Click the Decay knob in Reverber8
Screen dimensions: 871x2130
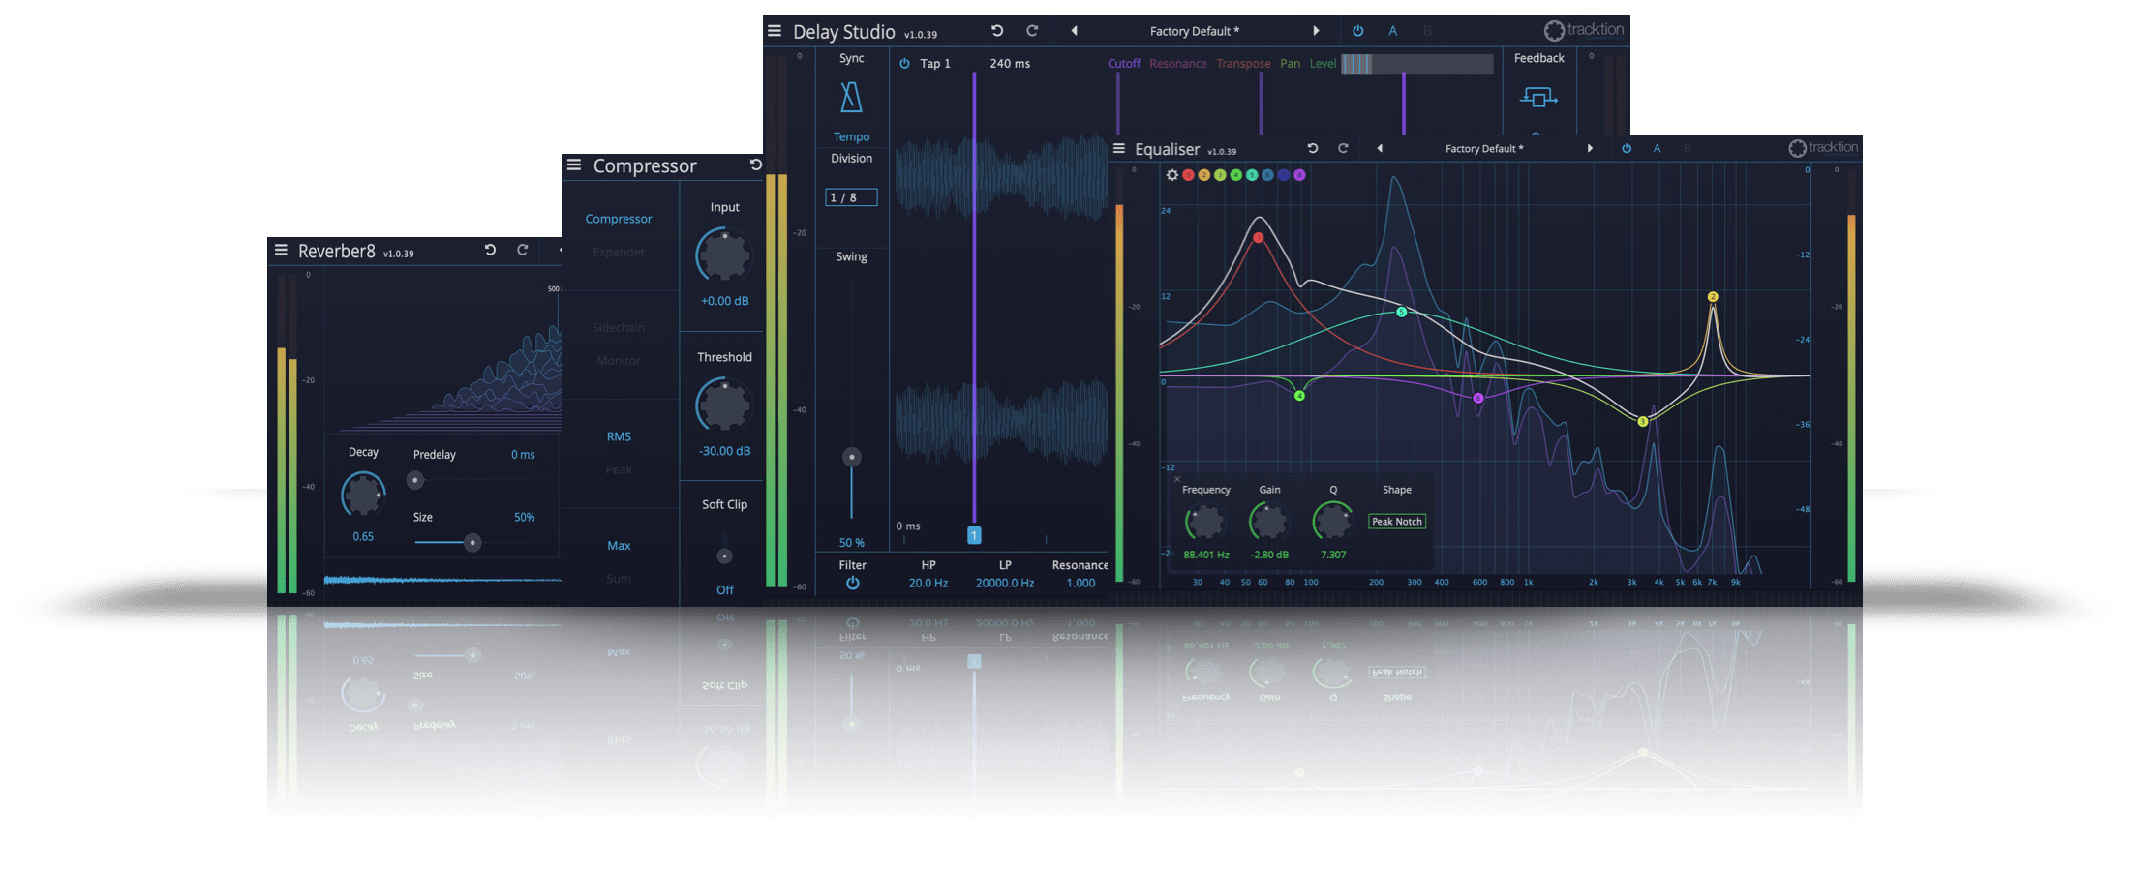[363, 495]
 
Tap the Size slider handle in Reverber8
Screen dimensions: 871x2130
[472, 543]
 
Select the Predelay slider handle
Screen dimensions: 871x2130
[415, 480]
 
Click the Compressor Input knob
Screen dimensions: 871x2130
[724, 255]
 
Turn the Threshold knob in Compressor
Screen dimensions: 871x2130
[724, 405]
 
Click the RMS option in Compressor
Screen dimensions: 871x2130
[619, 436]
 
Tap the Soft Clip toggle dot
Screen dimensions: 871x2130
[724, 556]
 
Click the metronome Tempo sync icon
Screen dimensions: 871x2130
[851, 98]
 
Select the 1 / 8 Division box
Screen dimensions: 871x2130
[851, 197]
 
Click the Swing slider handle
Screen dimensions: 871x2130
[852, 457]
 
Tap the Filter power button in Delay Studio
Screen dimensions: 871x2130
[852, 583]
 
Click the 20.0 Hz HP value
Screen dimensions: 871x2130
[928, 583]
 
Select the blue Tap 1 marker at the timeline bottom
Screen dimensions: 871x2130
[974, 535]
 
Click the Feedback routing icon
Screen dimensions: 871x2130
[1538, 97]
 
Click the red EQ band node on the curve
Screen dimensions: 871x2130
[1258, 237]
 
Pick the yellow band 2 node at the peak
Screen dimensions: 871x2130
[1713, 297]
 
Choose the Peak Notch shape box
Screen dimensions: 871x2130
[1396, 522]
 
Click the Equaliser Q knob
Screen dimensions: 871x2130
[1332, 523]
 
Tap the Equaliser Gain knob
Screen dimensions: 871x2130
[1268, 523]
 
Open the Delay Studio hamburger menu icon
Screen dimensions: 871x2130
[775, 31]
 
